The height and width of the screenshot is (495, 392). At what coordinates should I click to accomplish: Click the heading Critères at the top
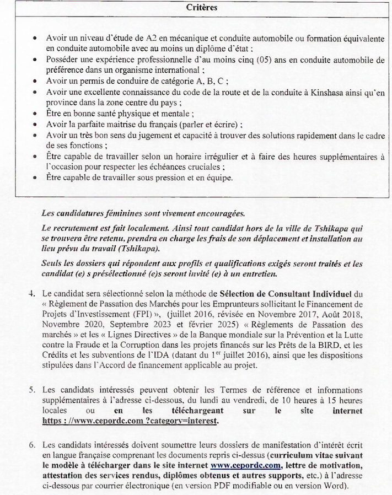click(x=201, y=8)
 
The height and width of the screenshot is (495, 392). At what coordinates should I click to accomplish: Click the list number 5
click(x=31, y=390)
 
